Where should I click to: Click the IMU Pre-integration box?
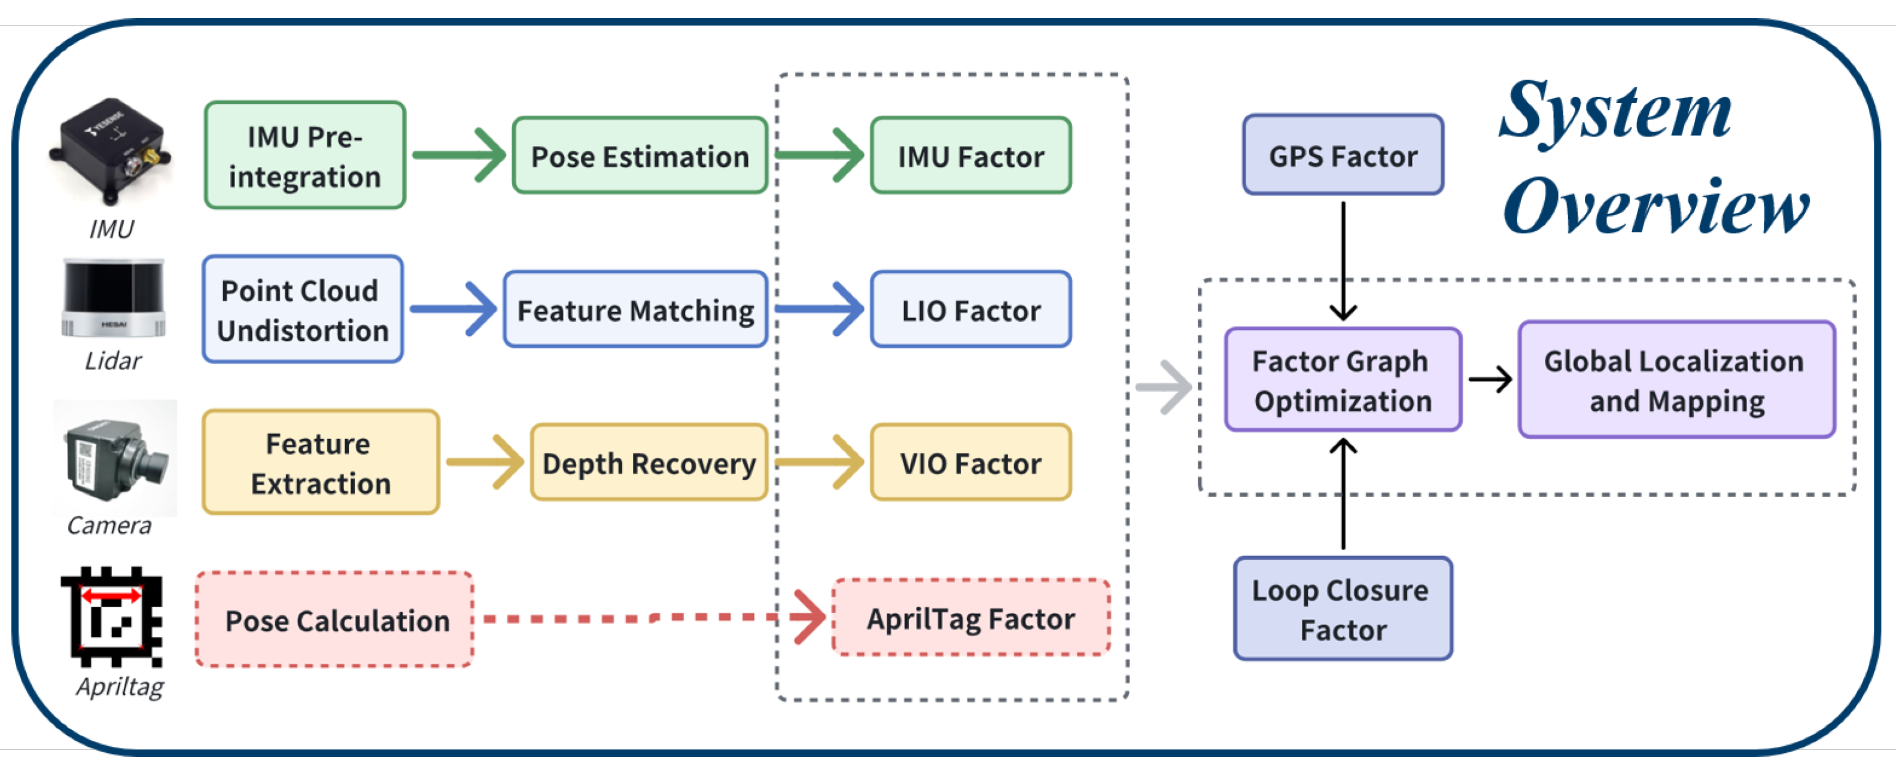pyautogui.click(x=305, y=155)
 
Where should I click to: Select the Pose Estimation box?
pyautogui.click(x=640, y=156)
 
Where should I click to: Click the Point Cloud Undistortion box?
pyautogui.click(x=303, y=310)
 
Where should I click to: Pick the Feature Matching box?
pyautogui.click(x=635, y=310)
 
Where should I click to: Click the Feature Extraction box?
pyautogui.click(x=320, y=463)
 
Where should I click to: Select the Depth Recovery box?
pyautogui.click(x=649, y=463)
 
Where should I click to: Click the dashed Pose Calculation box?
pyautogui.click(x=335, y=620)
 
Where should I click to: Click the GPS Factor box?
pyautogui.click(x=1343, y=155)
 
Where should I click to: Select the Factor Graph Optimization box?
pyautogui.click(x=1343, y=380)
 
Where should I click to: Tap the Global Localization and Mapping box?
pyautogui.click(x=1676, y=380)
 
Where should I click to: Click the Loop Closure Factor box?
pyautogui.click(x=1343, y=609)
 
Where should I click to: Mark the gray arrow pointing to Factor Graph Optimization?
pyautogui.click(x=1164, y=387)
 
